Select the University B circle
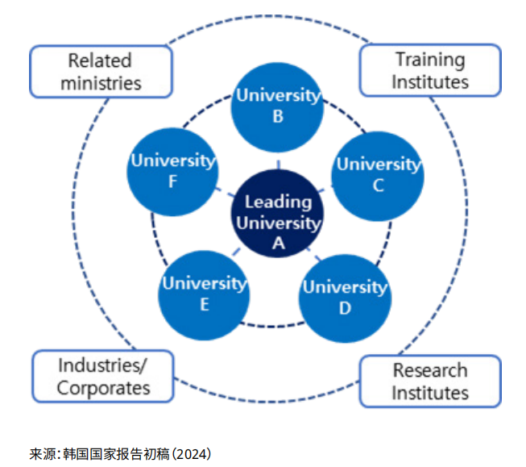277,106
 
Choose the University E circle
204,293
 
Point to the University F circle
173,170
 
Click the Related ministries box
101,71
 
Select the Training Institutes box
429,71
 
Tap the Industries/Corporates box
103,376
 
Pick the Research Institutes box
429,382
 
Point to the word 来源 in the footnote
42,454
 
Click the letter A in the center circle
278,241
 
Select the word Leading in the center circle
278,202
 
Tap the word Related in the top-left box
100,60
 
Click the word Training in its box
429,60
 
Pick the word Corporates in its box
103,387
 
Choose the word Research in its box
429,370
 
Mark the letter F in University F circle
172,181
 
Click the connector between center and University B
278,162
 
